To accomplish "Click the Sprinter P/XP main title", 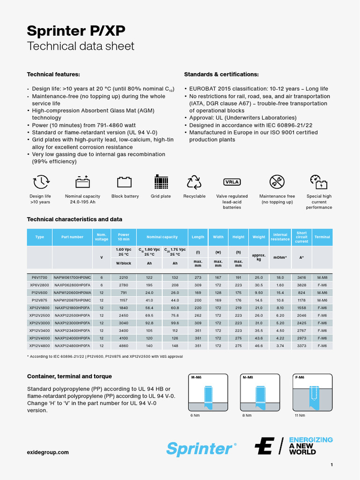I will tap(76, 31).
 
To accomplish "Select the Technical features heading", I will tap(53, 75).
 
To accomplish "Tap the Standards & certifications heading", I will tap(221, 75).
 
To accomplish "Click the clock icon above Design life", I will tap(40, 182).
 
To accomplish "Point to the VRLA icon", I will tap(232, 182).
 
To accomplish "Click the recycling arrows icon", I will tap(194, 182).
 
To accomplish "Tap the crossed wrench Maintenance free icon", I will tap(277, 182).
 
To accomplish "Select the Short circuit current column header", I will tap(302, 237).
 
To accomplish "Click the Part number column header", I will tap(72, 237).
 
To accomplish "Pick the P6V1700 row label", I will tap(39, 277).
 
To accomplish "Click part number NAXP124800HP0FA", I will tap(72, 345).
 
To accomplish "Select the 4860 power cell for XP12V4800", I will tap(123, 345).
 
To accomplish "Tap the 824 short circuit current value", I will tap(302, 292).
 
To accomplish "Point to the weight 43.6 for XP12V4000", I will tap(259, 338).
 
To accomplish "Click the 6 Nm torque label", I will tap(194, 415).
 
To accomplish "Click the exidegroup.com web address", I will tap(48, 452).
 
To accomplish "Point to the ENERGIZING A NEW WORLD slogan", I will tap(310, 446).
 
